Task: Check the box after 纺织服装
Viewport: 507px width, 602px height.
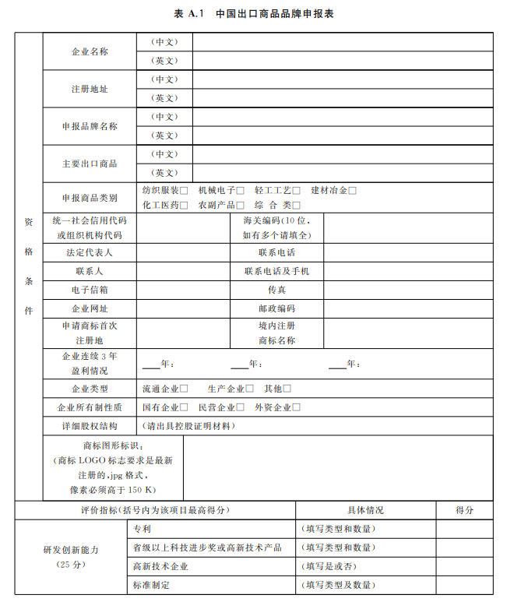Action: pos(184,190)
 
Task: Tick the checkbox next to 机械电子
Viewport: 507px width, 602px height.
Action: pos(240,190)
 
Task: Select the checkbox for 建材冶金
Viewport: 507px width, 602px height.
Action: pos(353,190)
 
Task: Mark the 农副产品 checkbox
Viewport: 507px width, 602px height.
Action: pos(240,206)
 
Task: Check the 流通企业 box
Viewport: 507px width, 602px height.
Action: pos(184,389)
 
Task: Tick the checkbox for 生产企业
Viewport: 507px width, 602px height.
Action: pos(250,389)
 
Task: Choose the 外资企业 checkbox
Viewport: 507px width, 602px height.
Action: pos(296,407)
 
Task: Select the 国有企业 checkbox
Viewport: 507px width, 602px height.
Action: pos(184,407)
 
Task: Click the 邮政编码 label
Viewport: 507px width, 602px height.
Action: pos(276,309)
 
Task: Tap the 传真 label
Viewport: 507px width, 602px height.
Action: pos(276,290)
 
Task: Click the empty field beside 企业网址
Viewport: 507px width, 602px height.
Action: pos(184,309)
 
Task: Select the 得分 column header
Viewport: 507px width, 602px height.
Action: pos(464,510)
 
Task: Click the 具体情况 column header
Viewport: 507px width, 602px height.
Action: pos(365,510)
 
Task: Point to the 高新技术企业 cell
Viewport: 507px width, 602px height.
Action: pos(160,566)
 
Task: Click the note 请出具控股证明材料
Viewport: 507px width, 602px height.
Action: pos(190,426)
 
